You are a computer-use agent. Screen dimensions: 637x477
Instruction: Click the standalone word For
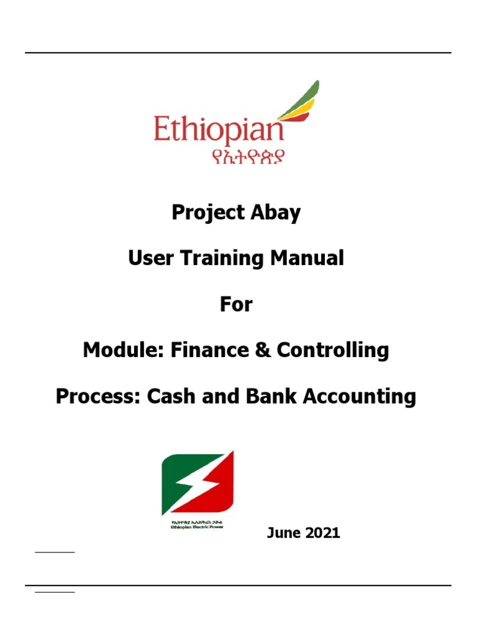point(236,304)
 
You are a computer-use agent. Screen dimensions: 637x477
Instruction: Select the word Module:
point(119,350)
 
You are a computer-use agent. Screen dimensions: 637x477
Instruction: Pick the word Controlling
point(333,350)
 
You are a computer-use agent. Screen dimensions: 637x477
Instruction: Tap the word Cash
point(168,396)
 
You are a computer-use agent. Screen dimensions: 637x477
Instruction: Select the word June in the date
point(284,532)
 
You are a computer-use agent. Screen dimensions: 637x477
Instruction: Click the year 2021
point(323,532)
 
